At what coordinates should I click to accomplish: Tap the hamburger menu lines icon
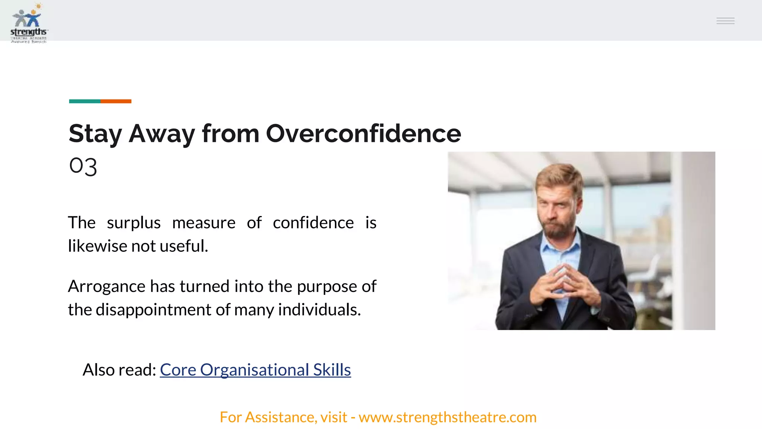[x=725, y=21]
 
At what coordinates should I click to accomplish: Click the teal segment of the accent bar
[x=84, y=101]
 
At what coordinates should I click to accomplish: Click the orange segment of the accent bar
[x=116, y=101]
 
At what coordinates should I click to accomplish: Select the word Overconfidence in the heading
[x=363, y=134]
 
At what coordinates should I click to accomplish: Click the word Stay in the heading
[x=95, y=134]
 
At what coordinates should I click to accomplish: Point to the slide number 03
[x=83, y=166]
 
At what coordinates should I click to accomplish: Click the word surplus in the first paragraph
[x=134, y=223]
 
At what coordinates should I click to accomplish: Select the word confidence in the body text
[x=313, y=223]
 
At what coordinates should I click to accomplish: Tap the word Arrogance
[x=106, y=286]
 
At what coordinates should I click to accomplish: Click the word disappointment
[x=153, y=310]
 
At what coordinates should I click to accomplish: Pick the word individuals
[x=319, y=310]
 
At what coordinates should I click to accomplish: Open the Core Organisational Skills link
[x=255, y=370]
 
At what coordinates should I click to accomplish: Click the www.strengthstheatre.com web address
[x=447, y=417]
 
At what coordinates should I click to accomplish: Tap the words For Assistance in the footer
[x=268, y=417]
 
